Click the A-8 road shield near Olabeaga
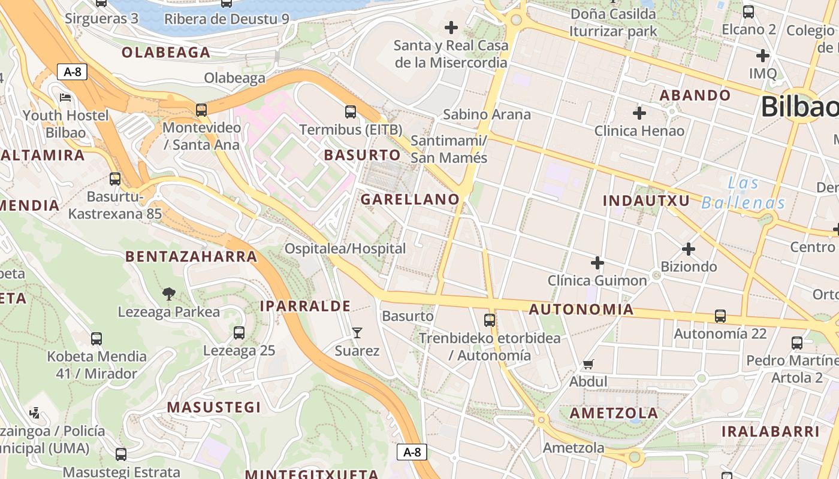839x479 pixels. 73,72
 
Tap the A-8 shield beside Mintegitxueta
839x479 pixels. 412,452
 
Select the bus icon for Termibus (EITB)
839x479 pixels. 351,112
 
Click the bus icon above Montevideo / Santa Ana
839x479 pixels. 201,110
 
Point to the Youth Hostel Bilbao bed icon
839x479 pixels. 65,98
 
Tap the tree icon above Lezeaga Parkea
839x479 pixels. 169,293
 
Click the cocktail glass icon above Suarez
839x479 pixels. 357,332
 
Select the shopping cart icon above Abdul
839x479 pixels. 588,364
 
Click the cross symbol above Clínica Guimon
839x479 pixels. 597,262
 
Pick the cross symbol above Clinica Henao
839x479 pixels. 639,113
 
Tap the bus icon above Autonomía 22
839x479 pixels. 720,316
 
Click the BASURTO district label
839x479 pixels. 362,155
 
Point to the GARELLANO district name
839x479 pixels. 410,199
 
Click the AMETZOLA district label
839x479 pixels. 614,413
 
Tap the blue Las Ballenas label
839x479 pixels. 743,193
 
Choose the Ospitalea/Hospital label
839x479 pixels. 345,248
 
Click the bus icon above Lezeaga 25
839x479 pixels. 239,333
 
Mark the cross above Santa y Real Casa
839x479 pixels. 451,28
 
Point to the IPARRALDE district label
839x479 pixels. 305,306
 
